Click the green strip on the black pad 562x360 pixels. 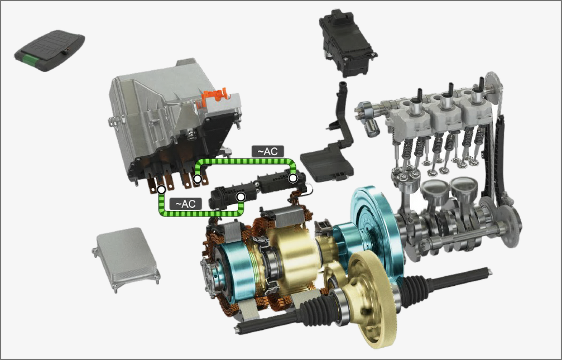(x=31, y=60)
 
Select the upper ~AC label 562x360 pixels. (x=268, y=151)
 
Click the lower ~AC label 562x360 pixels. (x=186, y=204)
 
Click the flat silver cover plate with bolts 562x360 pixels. (x=126, y=259)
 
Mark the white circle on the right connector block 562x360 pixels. (x=293, y=178)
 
